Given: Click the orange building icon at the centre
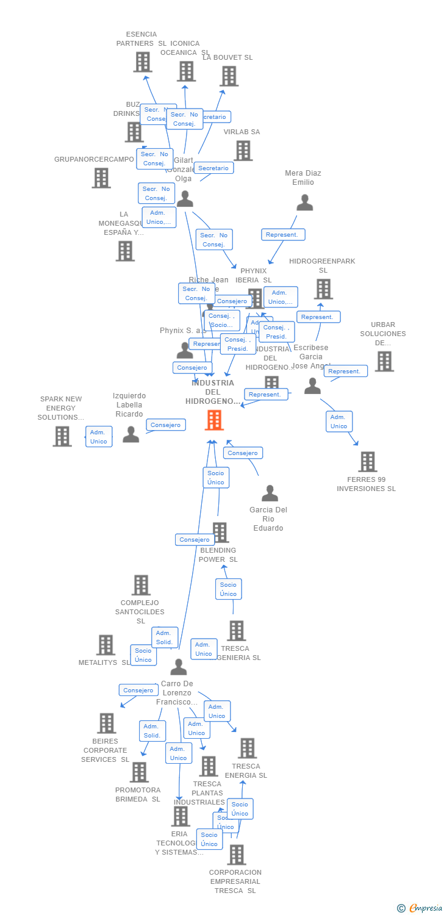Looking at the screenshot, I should point(214,420).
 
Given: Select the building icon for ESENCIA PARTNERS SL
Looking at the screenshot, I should point(142,62).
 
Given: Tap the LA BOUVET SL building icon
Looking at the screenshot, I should point(229,76).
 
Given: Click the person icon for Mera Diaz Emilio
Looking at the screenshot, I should point(304,203).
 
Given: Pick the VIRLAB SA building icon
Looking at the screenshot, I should point(243,151).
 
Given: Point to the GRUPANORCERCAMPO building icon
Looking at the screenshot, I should point(101,178).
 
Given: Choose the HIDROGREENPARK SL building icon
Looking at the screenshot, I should point(323,289).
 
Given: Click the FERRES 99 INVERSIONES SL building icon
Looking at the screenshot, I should point(367,462).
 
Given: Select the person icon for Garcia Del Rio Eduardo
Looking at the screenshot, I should point(270,493).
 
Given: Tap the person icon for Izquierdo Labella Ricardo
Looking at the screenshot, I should point(131,434).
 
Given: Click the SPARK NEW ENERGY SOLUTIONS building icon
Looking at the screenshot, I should point(62,436).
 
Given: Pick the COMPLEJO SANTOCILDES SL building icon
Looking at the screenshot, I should point(141,585).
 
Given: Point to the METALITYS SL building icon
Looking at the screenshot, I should point(106,645).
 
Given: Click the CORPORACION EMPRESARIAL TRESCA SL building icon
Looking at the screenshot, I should point(237,855).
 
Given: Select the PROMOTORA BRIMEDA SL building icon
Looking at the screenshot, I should point(139,772).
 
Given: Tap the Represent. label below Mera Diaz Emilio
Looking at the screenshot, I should point(283,235).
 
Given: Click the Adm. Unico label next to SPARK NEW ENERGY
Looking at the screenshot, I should point(99,437).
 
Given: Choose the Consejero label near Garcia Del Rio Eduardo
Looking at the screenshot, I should point(243,453).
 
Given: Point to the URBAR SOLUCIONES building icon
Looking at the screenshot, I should point(384,361).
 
